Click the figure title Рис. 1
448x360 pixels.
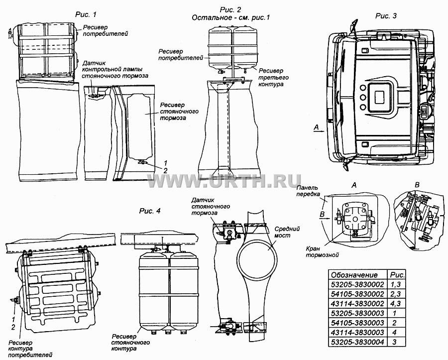[86, 14]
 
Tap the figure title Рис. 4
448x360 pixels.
[150, 211]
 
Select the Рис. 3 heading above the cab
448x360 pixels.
[386, 16]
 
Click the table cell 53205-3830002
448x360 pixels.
[357, 285]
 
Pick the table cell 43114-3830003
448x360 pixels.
[357, 332]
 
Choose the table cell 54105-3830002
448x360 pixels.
[357, 294]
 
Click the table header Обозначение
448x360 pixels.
[354, 275]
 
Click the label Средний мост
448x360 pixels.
[287, 232]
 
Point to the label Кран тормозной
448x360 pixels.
[322, 252]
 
